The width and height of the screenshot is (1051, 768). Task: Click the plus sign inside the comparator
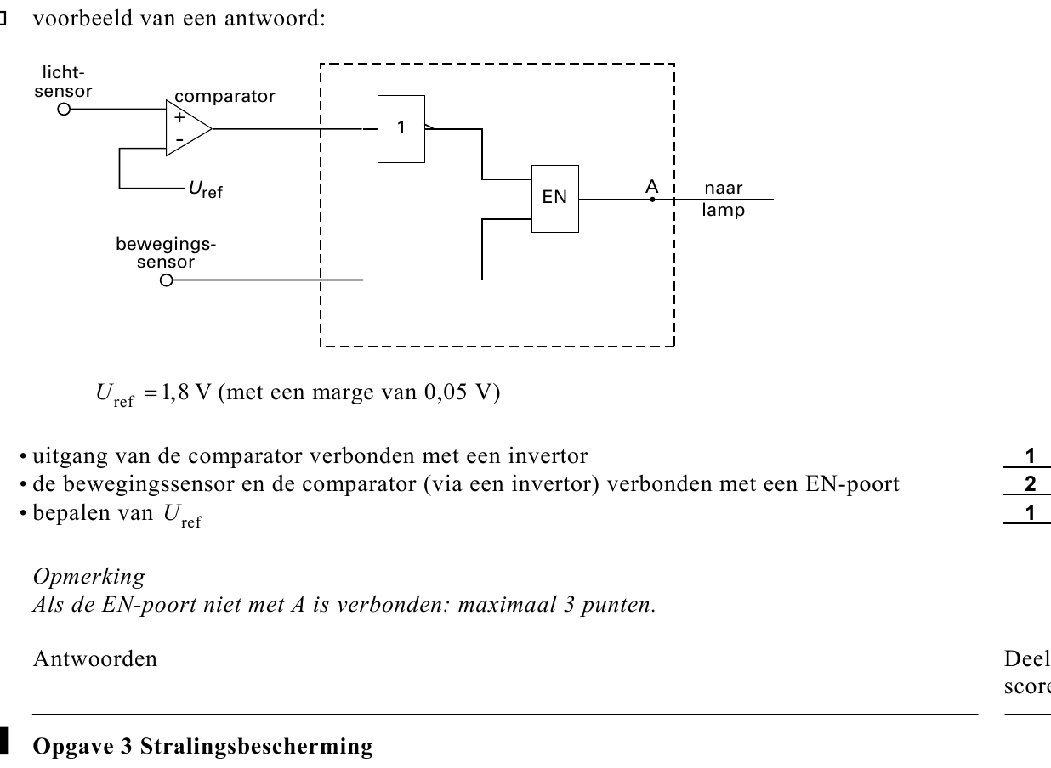[179, 117]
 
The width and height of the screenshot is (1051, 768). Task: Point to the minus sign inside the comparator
[179, 139]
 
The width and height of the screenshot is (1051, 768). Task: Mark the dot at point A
[652, 200]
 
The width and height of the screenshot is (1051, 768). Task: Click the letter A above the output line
[651, 187]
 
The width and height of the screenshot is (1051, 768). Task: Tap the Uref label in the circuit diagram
[206, 189]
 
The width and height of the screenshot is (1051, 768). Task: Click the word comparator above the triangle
[224, 97]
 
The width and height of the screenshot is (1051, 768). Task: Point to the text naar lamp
[723, 199]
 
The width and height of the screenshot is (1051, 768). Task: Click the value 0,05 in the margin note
[446, 392]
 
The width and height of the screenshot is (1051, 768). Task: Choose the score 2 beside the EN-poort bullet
[1030, 484]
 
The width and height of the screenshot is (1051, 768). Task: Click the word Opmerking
[89, 577]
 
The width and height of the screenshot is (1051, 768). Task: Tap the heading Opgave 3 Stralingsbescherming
[202, 746]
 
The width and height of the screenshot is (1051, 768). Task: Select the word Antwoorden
[95, 658]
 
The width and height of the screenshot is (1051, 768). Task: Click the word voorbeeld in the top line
[83, 19]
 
